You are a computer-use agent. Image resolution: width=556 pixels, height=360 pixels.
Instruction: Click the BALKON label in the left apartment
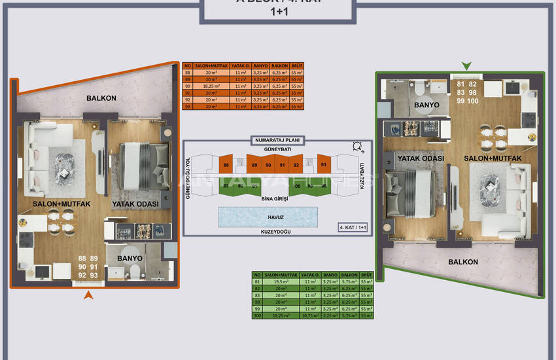click(101, 98)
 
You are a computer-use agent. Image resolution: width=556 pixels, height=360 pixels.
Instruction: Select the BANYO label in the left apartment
click(130, 259)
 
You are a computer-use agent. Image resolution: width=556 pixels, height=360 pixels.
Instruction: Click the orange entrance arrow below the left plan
click(89, 296)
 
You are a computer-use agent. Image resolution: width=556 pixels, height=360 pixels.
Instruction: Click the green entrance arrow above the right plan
click(466, 65)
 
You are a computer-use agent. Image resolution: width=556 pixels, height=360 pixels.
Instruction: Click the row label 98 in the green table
click(257, 302)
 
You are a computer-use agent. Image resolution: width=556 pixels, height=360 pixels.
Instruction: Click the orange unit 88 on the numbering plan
click(226, 166)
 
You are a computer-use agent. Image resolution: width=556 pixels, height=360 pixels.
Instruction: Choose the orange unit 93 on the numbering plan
click(323, 166)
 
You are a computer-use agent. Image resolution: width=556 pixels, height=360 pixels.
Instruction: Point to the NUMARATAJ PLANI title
click(277, 139)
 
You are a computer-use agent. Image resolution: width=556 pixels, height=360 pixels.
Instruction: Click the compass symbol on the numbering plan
click(357, 147)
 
